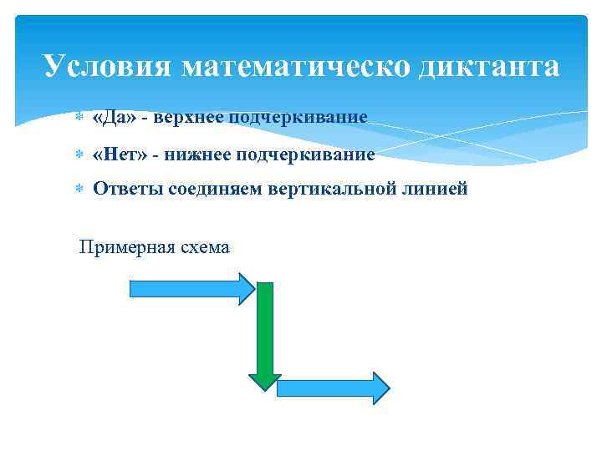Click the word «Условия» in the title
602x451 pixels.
[107, 66]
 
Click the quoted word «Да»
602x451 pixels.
[115, 117]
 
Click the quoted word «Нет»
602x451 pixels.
[120, 155]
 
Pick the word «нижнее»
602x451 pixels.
[196, 155]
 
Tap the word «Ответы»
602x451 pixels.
[128, 190]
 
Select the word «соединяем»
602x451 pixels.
[216, 190]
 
